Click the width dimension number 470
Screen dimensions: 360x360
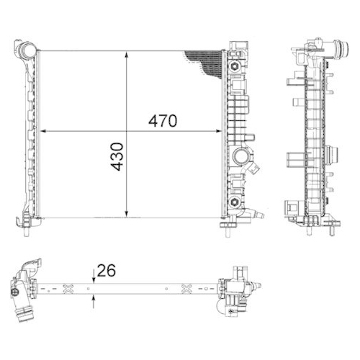pyautogui.click(x=162, y=121)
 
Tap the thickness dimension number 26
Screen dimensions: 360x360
pyautogui.click(x=107, y=271)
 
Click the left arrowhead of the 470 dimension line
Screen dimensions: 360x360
pyautogui.click(x=42, y=130)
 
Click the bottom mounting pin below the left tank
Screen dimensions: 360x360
pyautogui.click(x=26, y=229)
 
